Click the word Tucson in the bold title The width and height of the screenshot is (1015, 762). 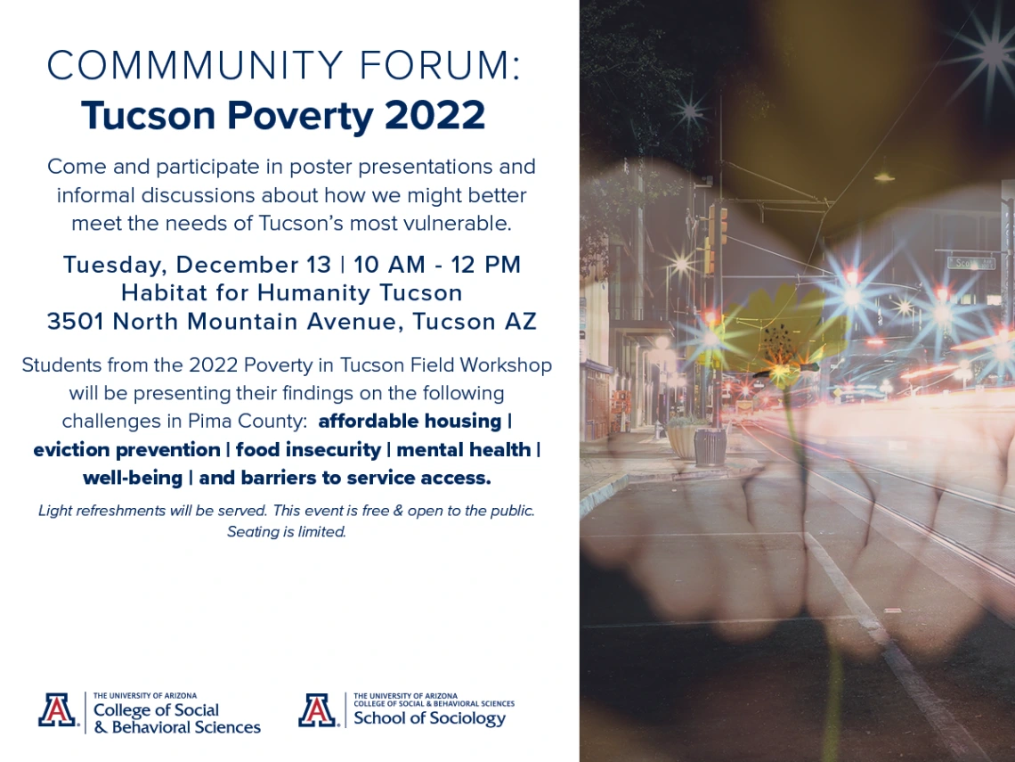pyautogui.click(x=148, y=115)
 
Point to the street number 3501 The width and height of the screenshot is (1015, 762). pyautogui.click(x=75, y=322)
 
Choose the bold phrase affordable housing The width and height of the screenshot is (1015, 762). pyautogui.click(x=410, y=422)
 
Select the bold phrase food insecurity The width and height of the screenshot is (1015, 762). pyautogui.click(x=308, y=450)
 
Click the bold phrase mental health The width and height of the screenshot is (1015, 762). pyautogui.click(x=464, y=450)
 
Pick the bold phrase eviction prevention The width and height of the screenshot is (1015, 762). pyautogui.click(x=126, y=450)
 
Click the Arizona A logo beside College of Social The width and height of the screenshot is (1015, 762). pyautogui.click(x=58, y=710)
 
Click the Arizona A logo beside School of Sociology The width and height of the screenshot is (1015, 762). pyautogui.click(x=318, y=710)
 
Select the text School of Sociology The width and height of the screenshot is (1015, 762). pyautogui.click(x=429, y=718)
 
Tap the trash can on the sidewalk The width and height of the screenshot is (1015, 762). pyautogui.click(x=710, y=447)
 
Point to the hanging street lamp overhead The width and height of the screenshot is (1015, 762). pyautogui.click(x=883, y=176)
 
